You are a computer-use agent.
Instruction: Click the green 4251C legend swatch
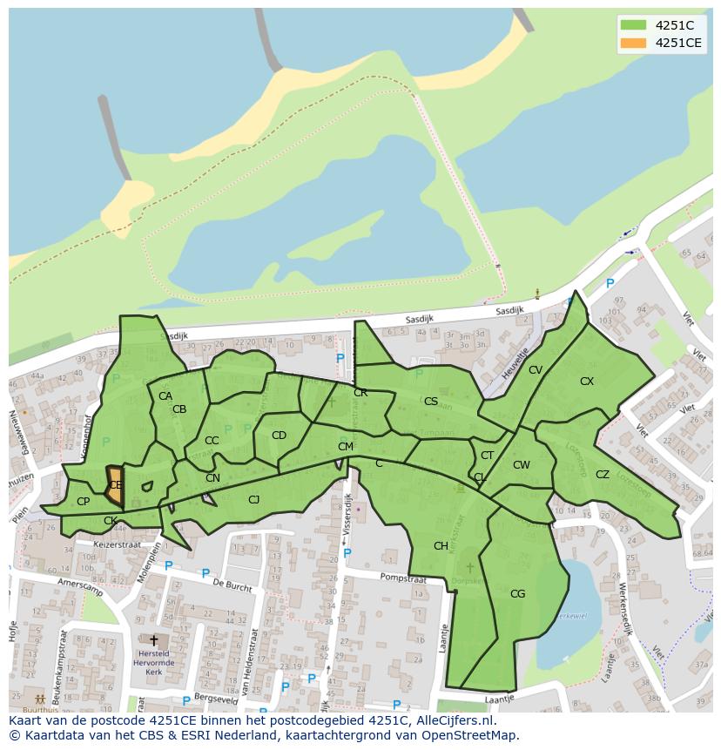click(x=633, y=25)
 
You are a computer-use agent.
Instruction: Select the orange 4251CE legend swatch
click(x=633, y=43)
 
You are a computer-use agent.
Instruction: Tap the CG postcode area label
click(x=517, y=594)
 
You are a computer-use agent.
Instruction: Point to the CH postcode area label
click(x=441, y=546)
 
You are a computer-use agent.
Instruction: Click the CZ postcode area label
click(x=603, y=475)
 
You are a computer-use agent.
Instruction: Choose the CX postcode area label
click(x=587, y=382)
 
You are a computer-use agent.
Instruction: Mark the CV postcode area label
click(x=536, y=370)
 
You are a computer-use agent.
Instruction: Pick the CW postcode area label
click(x=521, y=465)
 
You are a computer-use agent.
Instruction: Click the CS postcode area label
click(x=431, y=402)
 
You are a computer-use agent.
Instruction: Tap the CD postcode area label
click(x=279, y=436)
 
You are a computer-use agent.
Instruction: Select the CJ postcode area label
click(x=253, y=499)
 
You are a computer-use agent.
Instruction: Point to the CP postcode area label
click(x=84, y=502)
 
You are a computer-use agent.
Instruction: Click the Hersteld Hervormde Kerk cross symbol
click(x=154, y=641)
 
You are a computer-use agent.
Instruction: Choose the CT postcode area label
click(x=487, y=456)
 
